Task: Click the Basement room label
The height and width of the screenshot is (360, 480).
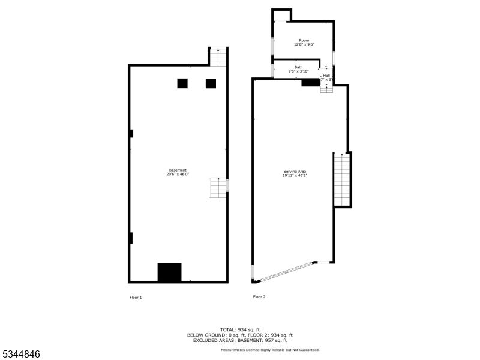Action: (x=177, y=170)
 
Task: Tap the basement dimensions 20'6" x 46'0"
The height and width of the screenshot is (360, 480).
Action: (x=178, y=175)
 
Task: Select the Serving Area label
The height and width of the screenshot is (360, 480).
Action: (x=295, y=172)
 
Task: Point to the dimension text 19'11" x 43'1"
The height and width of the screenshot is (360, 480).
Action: (x=295, y=176)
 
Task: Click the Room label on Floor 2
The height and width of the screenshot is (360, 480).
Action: (x=304, y=40)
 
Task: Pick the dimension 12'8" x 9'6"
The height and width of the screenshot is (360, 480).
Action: (x=304, y=44)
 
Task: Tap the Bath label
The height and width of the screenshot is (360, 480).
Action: (x=298, y=67)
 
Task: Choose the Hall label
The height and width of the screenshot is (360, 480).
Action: (x=326, y=76)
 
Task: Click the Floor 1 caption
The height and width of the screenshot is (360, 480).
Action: (x=136, y=297)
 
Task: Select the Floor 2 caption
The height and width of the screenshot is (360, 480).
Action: (x=259, y=296)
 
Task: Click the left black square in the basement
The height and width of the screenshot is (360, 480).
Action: (x=182, y=83)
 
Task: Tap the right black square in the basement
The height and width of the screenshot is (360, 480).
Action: (x=211, y=83)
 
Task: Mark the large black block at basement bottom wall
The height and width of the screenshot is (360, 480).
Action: (x=169, y=272)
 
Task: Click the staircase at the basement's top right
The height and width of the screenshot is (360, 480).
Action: (x=219, y=57)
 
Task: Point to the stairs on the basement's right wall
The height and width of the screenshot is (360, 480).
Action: (x=218, y=187)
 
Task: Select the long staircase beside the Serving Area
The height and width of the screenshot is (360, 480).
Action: (x=341, y=180)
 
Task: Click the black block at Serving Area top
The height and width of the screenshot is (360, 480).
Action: (x=310, y=82)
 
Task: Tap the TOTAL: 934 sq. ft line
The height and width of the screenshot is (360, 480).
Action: (x=240, y=329)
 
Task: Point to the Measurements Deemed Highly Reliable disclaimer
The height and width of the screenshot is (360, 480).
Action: (x=270, y=350)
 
